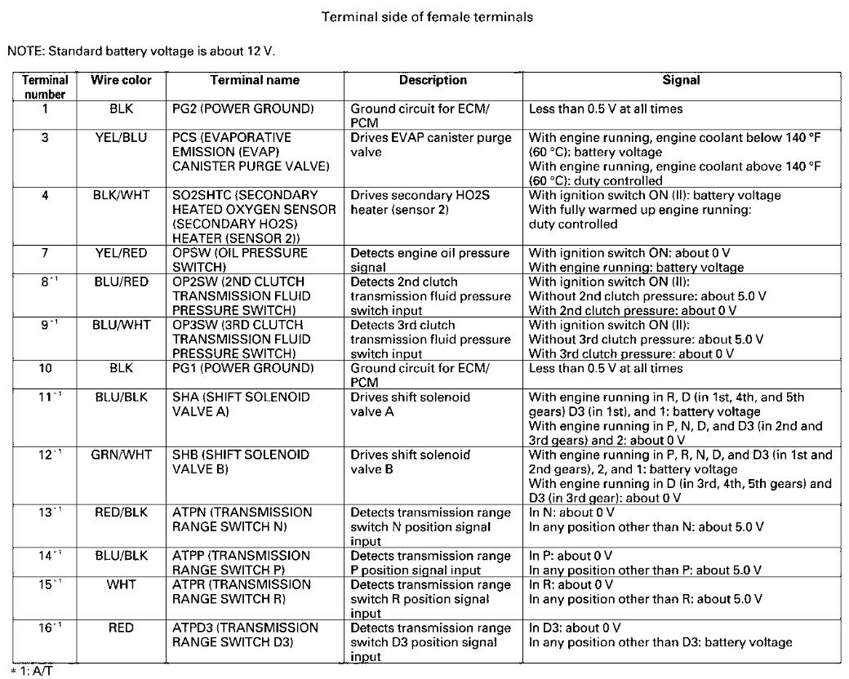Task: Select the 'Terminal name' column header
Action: pyautogui.click(x=255, y=81)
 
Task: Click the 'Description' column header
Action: pyautogui.click(x=433, y=81)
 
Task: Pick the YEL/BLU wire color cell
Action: pyautogui.click(x=121, y=138)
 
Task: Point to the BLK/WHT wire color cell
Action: pyautogui.click(x=121, y=195)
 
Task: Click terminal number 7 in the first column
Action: pyautogui.click(x=44, y=253)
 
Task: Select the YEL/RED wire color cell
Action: pyautogui.click(x=121, y=253)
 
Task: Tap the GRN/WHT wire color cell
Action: pyautogui.click(x=121, y=454)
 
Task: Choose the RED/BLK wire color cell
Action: pyautogui.click(x=121, y=512)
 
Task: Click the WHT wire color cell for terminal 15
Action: pyautogui.click(x=121, y=584)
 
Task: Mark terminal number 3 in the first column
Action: pyautogui.click(x=44, y=138)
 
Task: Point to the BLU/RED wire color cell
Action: pyautogui.click(x=121, y=282)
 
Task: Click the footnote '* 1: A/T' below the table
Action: pyautogui.click(x=31, y=672)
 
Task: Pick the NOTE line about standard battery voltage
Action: pyautogui.click(x=141, y=51)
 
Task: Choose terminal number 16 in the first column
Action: pyautogui.click(x=47, y=628)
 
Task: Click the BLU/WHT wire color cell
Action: pyautogui.click(x=121, y=325)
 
